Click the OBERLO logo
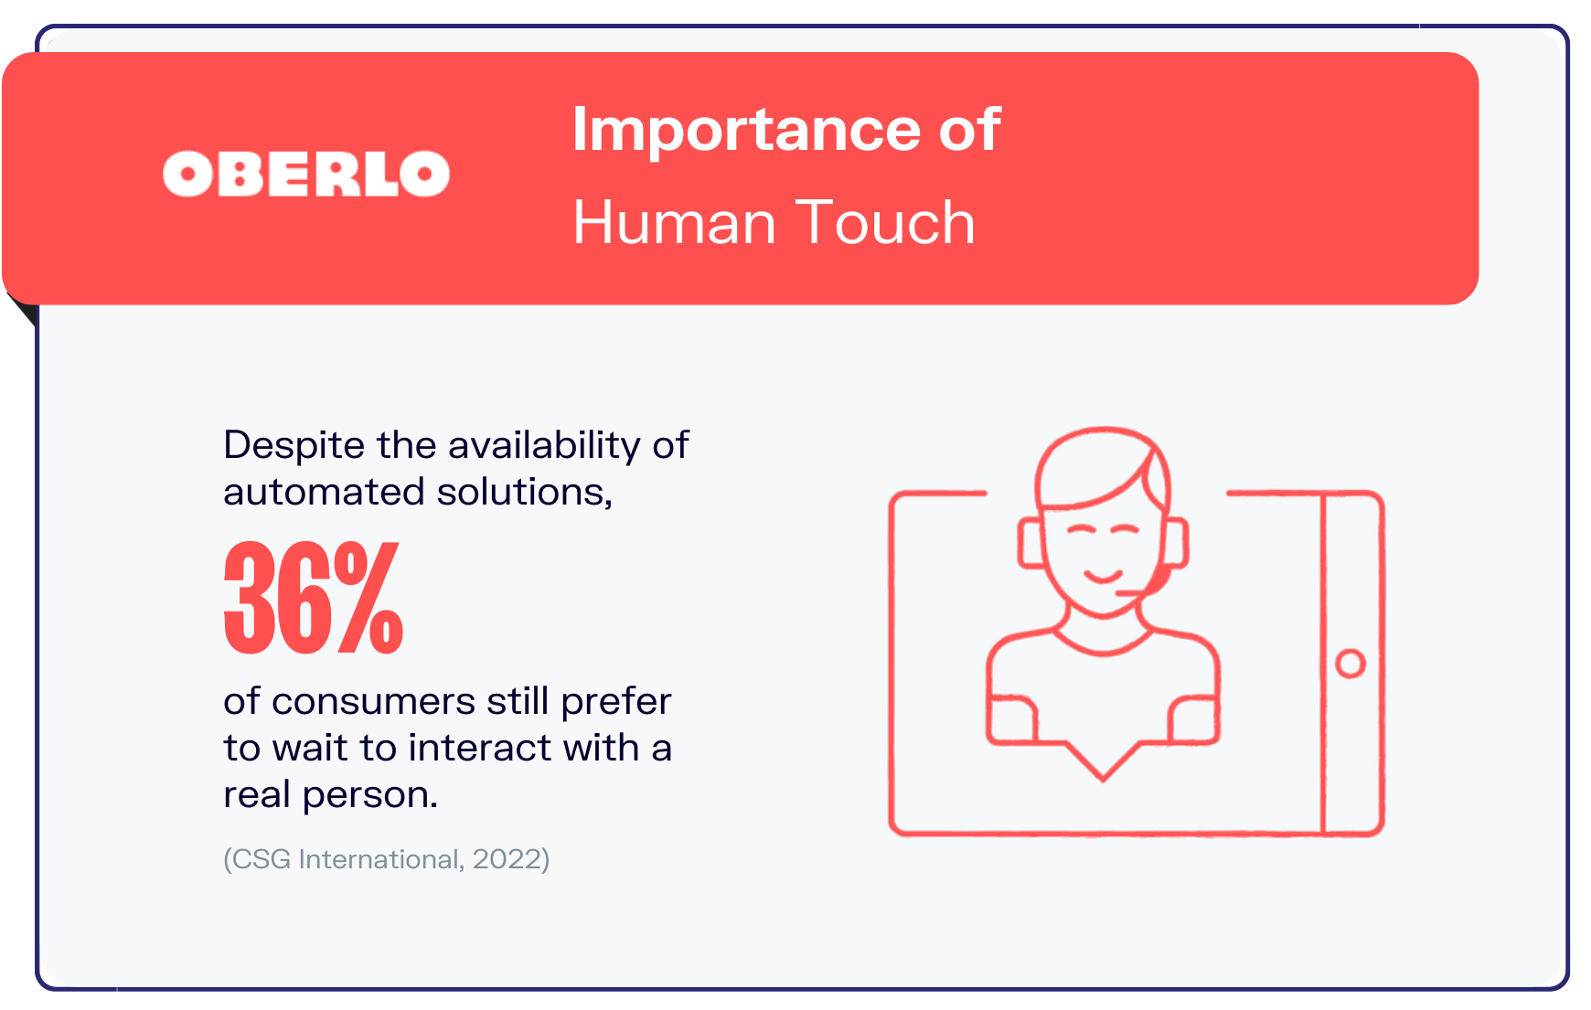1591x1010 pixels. [x=306, y=174]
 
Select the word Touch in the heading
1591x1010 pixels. [x=885, y=222]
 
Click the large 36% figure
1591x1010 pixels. [x=313, y=598]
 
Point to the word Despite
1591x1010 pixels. [x=294, y=446]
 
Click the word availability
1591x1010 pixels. [x=544, y=446]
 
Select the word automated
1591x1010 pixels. [x=324, y=492]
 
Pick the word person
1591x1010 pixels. [x=369, y=796]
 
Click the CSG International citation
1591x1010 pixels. [x=386, y=859]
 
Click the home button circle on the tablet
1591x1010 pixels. [x=1351, y=664]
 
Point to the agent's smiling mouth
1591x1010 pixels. [x=1103, y=575]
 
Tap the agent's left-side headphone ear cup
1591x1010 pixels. [x=1030, y=542]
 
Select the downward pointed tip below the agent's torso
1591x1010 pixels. [x=1103, y=780]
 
